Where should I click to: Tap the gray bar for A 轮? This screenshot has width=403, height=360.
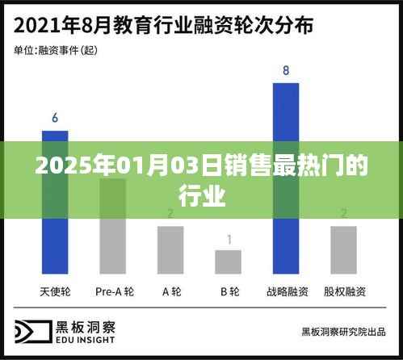pyautogui.click(x=170, y=249)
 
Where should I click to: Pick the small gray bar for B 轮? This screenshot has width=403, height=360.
pyautogui.click(x=228, y=262)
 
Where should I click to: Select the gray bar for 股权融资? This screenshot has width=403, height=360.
pyautogui.click(x=344, y=249)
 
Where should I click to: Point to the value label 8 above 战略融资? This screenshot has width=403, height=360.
pyautogui.click(x=286, y=71)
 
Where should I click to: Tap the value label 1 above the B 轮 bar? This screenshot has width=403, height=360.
pyautogui.click(x=229, y=239)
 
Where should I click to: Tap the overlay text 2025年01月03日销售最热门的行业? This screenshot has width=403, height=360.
pyautogui.click(x=201, y=182)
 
